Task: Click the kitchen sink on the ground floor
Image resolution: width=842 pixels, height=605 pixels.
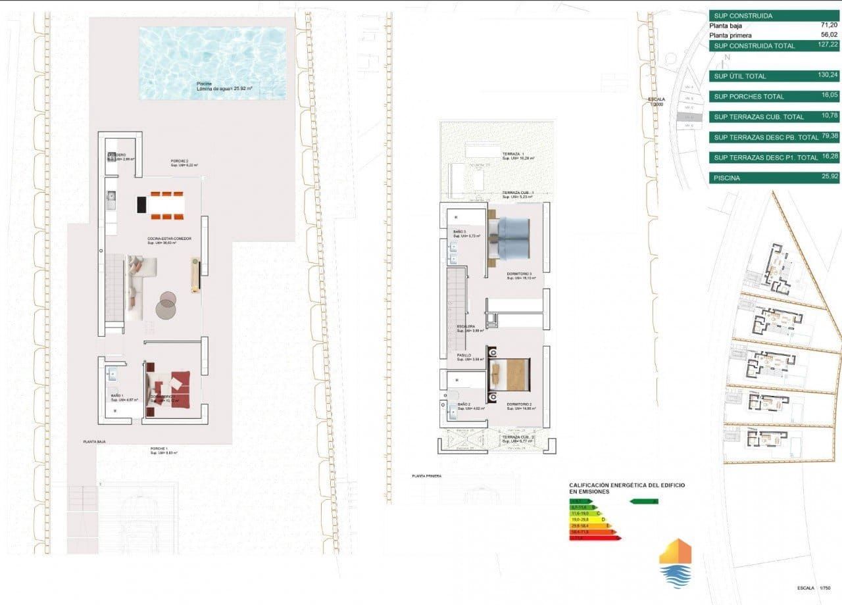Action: pos(112,195)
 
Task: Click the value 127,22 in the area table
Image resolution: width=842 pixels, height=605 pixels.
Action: pos(825,45)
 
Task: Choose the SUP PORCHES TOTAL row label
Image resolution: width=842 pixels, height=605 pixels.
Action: pos(749,97)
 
